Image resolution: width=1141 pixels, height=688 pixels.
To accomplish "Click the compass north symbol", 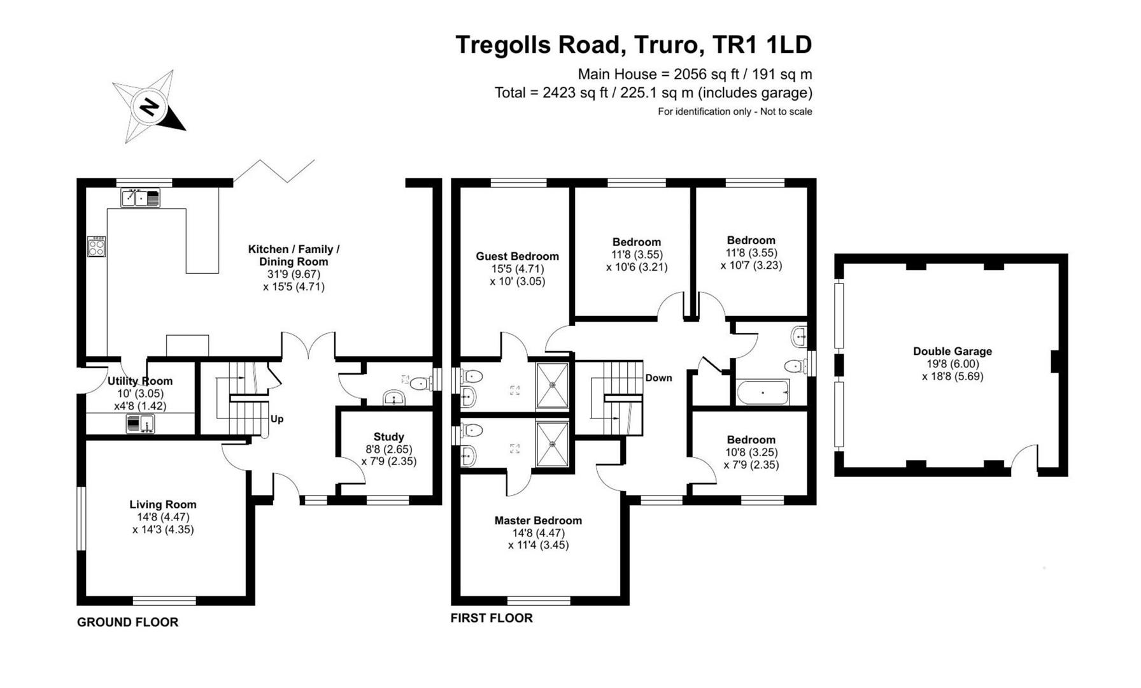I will [x=149, y=107].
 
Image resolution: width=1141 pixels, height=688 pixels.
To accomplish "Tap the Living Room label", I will [x=163, y=505].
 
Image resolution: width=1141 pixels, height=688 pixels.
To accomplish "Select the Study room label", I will [x=388, y=437].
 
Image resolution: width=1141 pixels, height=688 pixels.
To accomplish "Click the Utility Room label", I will [x=140, y=381].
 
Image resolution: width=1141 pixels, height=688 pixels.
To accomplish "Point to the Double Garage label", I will [x=952, y=351].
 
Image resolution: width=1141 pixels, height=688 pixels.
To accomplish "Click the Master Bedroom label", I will [x=538, y=520].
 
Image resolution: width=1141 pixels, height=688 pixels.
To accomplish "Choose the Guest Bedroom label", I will [x=517, y=256].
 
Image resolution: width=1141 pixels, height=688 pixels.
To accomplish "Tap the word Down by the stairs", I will [x=658, y=378].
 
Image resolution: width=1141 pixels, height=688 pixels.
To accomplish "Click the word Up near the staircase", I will [x=277, y=419].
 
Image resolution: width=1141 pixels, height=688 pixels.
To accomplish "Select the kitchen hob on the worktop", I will [x=97, y=247].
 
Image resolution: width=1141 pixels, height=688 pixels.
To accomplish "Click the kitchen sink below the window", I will [x=141, y=198].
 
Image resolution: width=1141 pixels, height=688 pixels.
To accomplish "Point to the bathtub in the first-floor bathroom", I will [x=763, y=392].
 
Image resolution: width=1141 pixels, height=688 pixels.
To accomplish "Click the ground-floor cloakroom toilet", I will [x=418, y=383].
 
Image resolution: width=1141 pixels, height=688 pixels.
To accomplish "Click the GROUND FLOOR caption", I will [x=127, y=622].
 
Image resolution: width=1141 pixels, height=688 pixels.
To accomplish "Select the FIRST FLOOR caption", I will [x=491, y=618].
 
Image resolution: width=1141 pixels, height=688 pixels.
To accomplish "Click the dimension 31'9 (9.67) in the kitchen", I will [x=294, y=275].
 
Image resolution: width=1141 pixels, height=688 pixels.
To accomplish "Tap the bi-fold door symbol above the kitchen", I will [x=274, y=171].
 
